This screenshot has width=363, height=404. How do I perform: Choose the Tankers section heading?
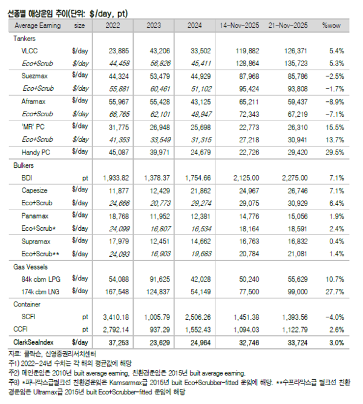(x=24, y=38)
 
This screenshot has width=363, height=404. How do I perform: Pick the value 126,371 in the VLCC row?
(x=290, y=51)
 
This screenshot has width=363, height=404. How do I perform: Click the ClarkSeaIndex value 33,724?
(x=290, y=342)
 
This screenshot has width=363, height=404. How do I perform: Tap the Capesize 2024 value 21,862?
(x=201, y=190)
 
